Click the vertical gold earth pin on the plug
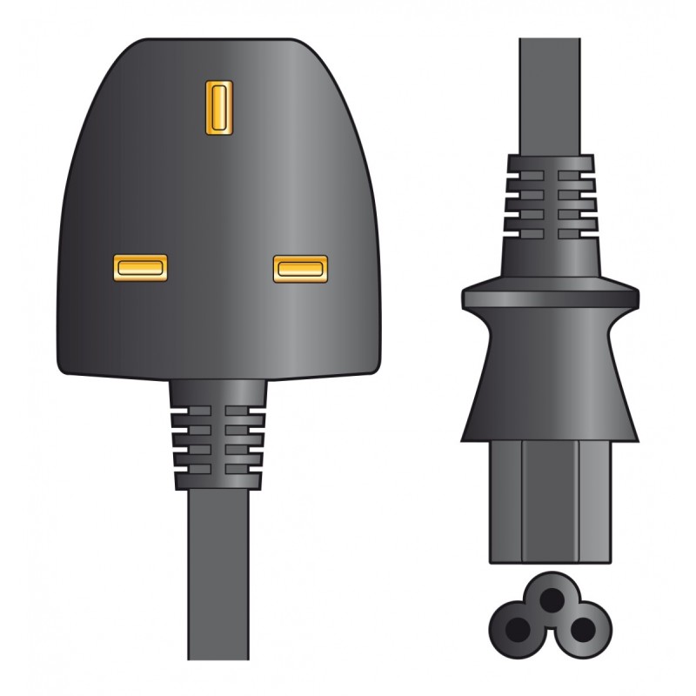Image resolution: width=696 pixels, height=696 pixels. pos(217,108)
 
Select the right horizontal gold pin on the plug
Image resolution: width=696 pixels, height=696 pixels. pos(300,269)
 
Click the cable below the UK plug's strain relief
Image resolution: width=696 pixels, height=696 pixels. pos(217,574)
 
